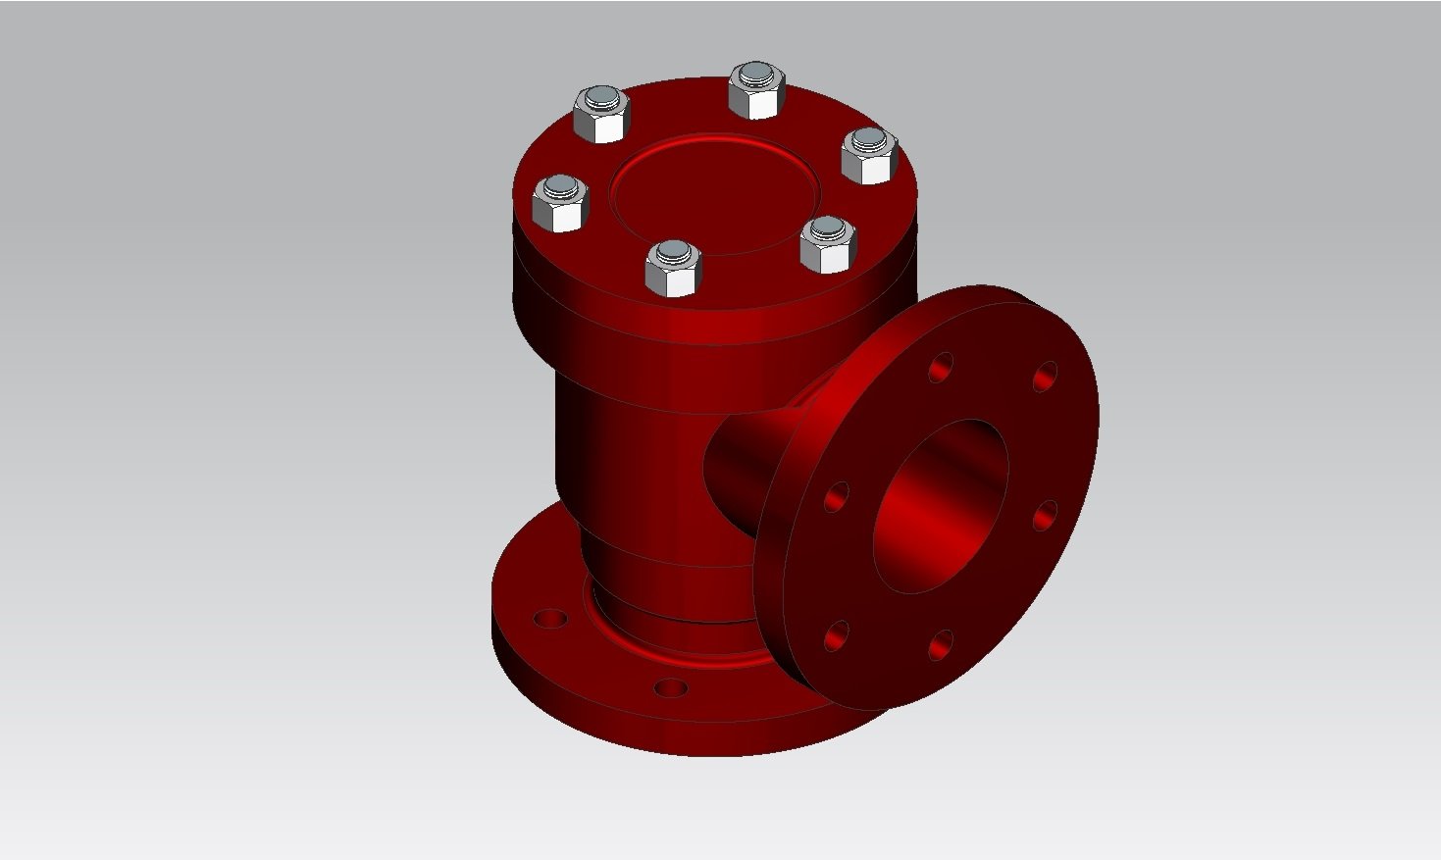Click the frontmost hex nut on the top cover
tap(673, 269)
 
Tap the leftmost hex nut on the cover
tap(560, 205)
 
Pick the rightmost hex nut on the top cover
tap(869, 156)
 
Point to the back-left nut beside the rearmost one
tap(599, 115)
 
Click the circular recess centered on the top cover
tap(713, 195)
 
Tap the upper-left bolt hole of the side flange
tap(941, 369)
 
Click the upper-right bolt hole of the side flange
tap(1046, 376)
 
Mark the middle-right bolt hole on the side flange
tap(1046, 516)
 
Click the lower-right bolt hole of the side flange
tap(940, 645)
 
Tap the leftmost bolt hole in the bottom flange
tap(550, 620)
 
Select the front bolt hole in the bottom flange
tap(671, 687)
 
